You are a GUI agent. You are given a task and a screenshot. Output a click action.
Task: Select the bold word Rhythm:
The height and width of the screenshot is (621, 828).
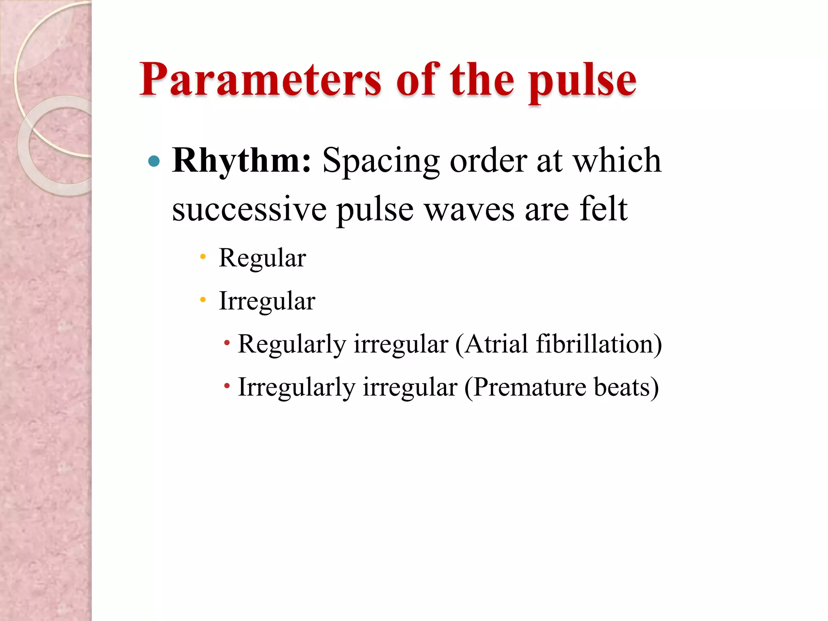242,161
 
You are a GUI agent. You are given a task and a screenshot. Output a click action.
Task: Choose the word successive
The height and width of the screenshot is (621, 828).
249,209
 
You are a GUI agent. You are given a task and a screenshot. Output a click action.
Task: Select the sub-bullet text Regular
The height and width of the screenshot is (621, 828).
262,258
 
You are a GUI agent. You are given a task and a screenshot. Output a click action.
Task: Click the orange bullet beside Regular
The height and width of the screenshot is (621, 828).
203,257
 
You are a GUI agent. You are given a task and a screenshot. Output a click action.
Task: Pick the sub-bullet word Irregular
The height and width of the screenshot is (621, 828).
267,301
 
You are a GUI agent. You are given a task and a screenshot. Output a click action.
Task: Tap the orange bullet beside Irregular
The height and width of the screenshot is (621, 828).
203,300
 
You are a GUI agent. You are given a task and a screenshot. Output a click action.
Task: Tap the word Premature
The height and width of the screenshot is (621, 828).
530,387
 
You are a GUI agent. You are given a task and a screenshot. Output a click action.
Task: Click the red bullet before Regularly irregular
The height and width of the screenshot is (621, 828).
227,343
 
